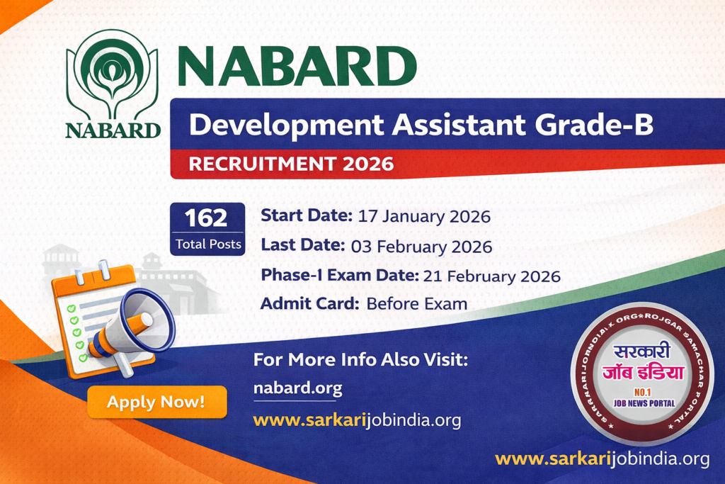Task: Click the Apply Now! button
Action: tap(156, 403)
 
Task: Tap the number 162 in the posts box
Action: tap(207, 218)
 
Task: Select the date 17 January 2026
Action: tap(424, 215)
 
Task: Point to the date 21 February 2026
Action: tap(491, 276)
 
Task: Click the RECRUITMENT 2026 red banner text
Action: tap(290, 164)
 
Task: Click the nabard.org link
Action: tap(297, 388)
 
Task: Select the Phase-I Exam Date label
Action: tap(340, 276)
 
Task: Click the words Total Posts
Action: tap(207, 244)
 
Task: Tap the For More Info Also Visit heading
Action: tap(360, 360)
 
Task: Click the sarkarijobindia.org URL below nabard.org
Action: tap(357, 420)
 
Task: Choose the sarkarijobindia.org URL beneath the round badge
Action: tap(602, 458)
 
